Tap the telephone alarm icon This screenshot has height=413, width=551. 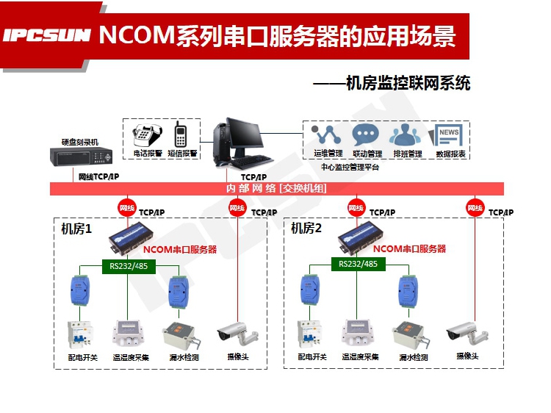click(145, 135)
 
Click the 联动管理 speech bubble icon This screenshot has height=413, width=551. click(365, 135)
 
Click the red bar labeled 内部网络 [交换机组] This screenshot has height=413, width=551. click(276, 189)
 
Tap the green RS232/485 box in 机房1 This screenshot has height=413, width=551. click(128, 265)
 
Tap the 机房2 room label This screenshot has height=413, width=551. click(306, 229)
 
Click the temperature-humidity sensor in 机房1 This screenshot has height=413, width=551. click(129, 333)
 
